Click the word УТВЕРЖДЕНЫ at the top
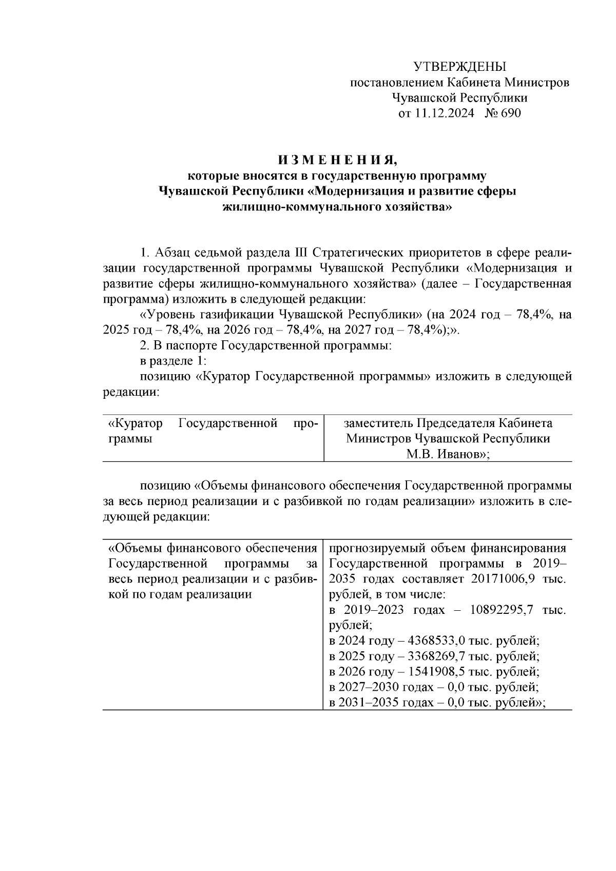point(459,67)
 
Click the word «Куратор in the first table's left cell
point(136,423)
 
